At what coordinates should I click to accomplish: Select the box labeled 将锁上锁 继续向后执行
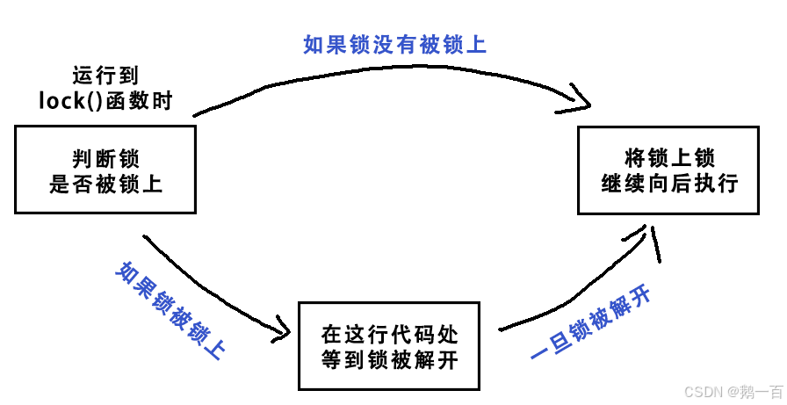coord(668,170)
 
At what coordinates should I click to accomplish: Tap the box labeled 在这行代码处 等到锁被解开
coord(388,346)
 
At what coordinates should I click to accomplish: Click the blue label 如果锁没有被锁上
coord(394,44)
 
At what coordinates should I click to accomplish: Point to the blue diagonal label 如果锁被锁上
coord(170,311)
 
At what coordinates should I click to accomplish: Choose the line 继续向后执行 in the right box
coord(668,184)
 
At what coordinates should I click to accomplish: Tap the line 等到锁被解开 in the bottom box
coord(389,359)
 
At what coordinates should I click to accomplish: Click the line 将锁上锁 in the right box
coord(668,158)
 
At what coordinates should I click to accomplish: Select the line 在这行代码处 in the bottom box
coord(389,335)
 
